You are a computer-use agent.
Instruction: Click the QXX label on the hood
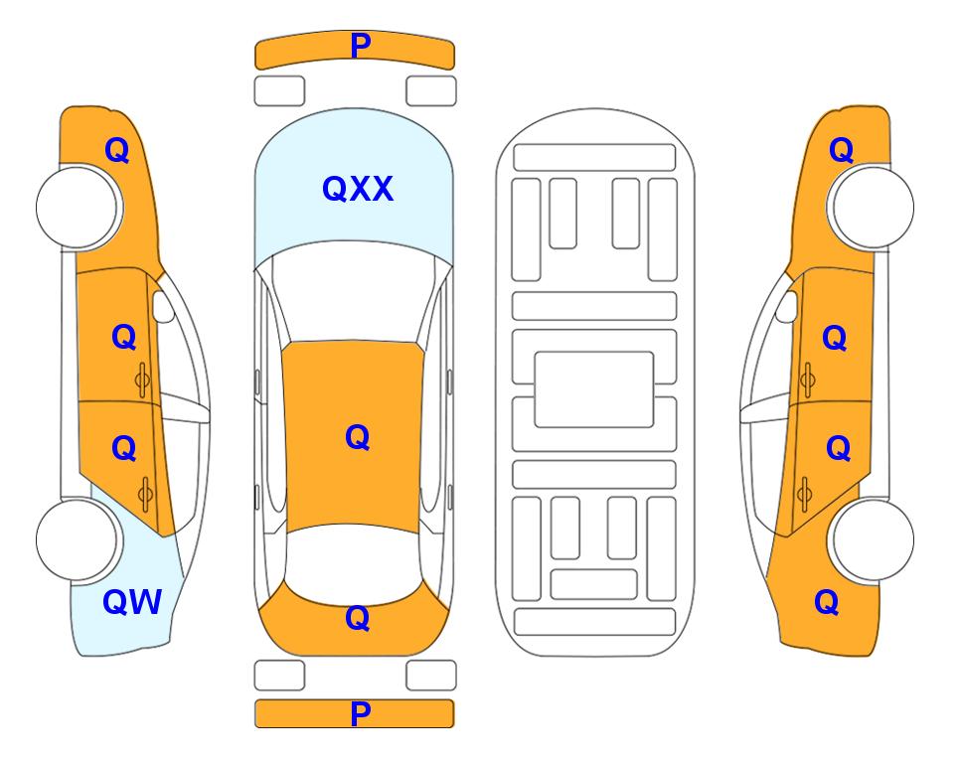[x=358, y=189]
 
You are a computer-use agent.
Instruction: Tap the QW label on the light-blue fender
[x=132, y=602]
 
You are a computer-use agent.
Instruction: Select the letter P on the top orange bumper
[x=361, y=46]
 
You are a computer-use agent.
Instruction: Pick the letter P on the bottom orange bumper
[x=361, y=713]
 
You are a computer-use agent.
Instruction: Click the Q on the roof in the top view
[x=358, y=437]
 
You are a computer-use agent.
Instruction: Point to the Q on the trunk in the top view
[x=358, y=618]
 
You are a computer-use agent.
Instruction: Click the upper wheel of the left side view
[x=78, y=208]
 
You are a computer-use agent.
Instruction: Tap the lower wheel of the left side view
[x=78, y=539]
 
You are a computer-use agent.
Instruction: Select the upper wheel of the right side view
[x=873, y=208]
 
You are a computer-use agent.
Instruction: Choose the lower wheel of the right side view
[x=873, y=539]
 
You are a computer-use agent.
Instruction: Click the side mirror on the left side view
[x=163, y=306]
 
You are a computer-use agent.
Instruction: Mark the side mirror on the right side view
[x=787, y=306]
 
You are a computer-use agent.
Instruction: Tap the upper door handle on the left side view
[x=143, y=380]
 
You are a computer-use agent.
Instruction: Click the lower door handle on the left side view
[x=145, y=494]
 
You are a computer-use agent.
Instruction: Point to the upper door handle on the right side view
[x=807, y=380]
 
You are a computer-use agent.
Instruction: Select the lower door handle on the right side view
[x=804, y=494]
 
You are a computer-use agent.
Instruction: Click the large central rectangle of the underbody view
[x=594, y=389]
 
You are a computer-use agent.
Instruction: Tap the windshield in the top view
[x=354, y=293]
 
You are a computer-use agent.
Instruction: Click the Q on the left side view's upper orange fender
[x=117, y=150]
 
